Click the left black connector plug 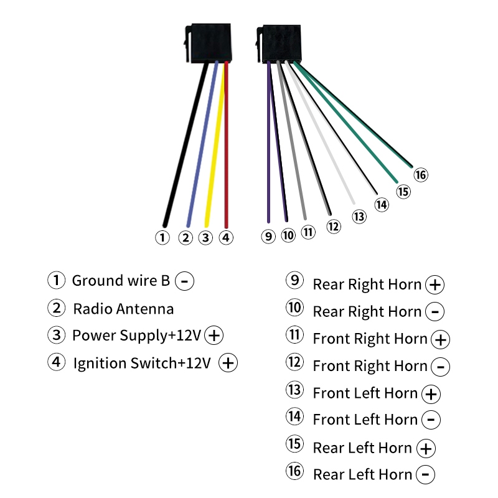coord(209,43)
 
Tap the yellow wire coord(215,144)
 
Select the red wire coord(226,144)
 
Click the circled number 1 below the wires coord(162,238)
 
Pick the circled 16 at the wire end coord(421,175)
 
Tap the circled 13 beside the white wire coord(359,217)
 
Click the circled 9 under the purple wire coord(268,237)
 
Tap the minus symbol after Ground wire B coord(184,281)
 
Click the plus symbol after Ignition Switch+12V coord(228,363)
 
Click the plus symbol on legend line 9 coord(435,284)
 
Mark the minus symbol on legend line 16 coord(425,474)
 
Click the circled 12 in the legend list coord(294,362)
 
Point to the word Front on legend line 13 coord(331,393)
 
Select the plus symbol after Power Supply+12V coord(214,336)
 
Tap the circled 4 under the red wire coord(226,238)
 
